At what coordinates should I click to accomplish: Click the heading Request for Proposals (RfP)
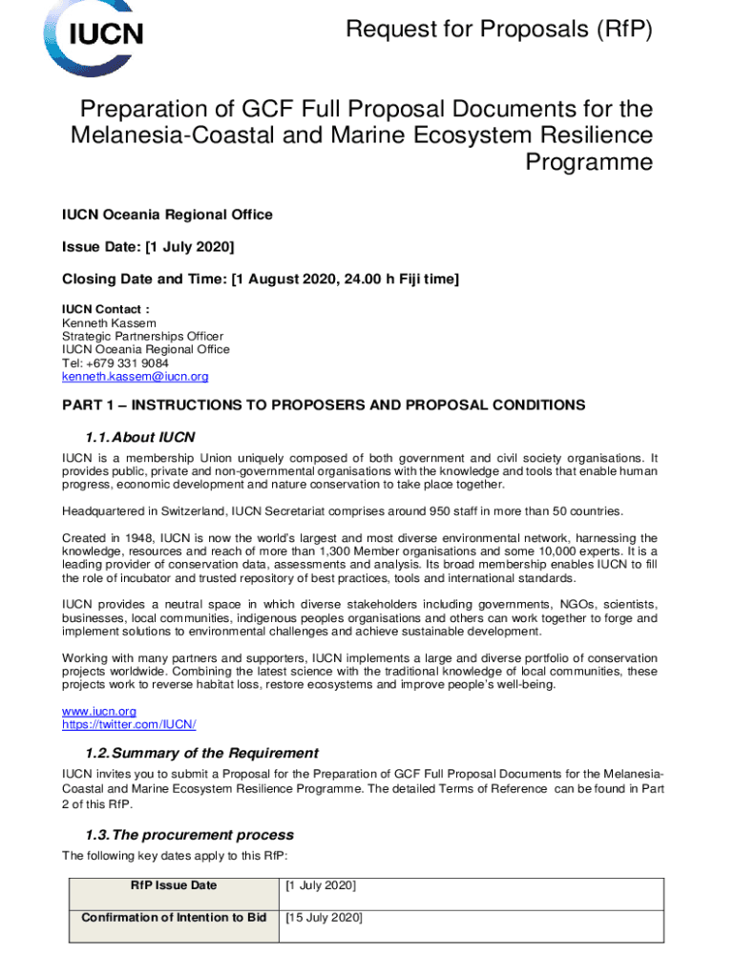click(499, 30)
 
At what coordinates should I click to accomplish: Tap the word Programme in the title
click(590, 162)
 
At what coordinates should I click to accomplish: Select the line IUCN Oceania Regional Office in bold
click(167, 215)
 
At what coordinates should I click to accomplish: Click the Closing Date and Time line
click(261, 280)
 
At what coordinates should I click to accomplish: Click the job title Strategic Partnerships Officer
click(143, 337)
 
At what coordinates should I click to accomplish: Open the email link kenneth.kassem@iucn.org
click(135, 377)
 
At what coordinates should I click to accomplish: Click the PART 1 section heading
click(324, 405)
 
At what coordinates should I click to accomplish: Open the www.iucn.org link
click(99, 711)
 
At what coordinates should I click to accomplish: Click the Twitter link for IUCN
click(129, 724)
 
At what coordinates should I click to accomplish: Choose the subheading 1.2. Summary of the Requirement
click(201, 753)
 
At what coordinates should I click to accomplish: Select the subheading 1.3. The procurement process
click(190, 834)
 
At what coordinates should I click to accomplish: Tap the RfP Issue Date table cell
click(174, 885)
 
